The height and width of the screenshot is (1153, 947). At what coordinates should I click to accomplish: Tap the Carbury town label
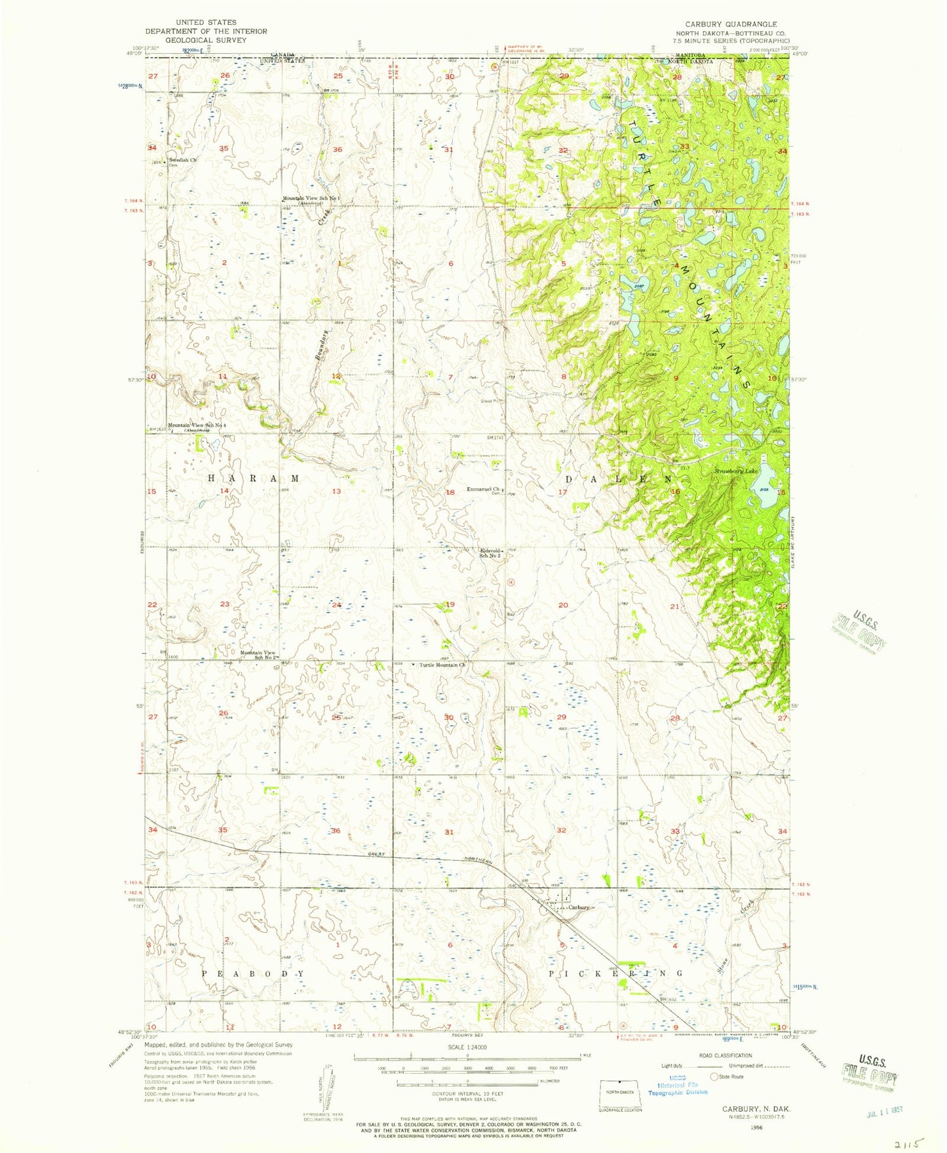click(x=579, y=907)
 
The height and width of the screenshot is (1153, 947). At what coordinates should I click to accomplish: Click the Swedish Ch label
click(x=182, y=160)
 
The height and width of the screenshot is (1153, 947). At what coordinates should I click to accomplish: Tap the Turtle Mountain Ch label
click(x=442, y=665)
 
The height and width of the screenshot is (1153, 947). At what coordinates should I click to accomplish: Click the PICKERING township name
click(x=615, y=974)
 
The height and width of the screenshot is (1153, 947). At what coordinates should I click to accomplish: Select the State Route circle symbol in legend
click(x=714, y=1076)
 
